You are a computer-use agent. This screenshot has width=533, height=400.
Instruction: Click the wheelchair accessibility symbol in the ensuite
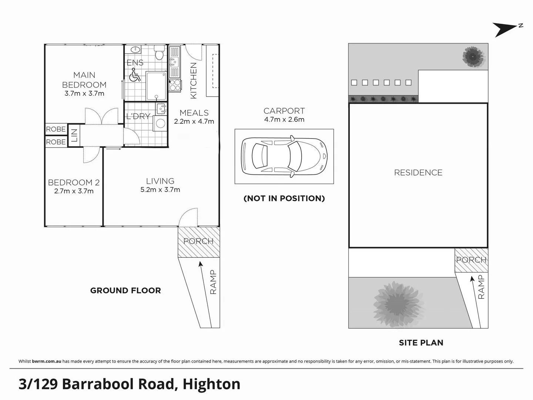click(135, 75)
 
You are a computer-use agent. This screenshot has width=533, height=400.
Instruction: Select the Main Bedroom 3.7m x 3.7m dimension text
click(84, 94)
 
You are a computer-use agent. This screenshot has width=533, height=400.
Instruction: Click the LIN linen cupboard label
click(74, 135)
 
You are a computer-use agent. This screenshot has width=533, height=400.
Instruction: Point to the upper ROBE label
click(56, 129)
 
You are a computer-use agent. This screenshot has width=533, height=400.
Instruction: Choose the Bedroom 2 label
click(74, 182)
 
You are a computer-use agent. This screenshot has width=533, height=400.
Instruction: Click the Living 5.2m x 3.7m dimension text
click(160, 190)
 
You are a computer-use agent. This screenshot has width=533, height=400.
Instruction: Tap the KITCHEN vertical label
click(193, 81)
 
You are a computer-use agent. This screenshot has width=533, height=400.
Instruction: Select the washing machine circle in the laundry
click(161, 123)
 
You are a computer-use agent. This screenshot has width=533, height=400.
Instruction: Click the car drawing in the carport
click(284, 156)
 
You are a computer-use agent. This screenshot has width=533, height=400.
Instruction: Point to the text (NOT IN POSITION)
click(284, 199)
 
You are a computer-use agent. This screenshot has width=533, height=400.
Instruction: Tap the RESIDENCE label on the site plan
click(418, 173)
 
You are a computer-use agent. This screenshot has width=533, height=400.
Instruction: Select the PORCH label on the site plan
click(471, 260)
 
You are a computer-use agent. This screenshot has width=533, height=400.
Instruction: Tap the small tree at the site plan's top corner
click(473, 57)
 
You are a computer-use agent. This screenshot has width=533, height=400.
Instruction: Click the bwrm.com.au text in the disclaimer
click(47, 361)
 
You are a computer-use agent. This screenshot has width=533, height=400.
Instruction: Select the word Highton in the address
click(211, 384)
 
